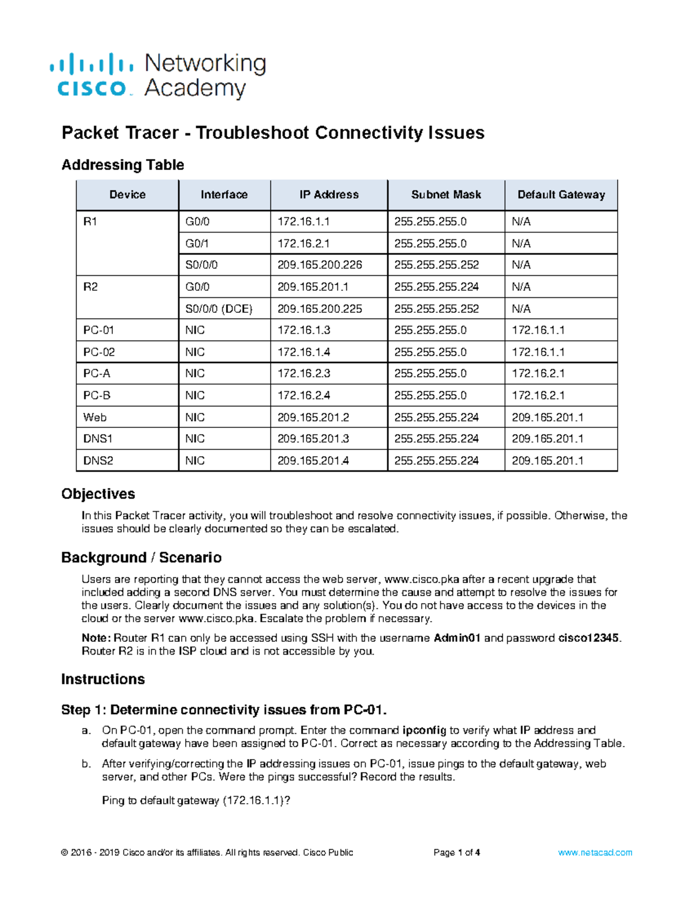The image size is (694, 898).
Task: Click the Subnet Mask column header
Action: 446,195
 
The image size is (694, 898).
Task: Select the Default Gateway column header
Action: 561,195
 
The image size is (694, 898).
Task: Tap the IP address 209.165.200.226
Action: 320,265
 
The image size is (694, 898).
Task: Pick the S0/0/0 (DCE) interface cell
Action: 219,309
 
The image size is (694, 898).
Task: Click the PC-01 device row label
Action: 98,330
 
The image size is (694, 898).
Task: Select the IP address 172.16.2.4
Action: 304,396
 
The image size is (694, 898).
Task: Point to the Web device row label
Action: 95,417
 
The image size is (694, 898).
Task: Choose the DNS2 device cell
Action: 98,461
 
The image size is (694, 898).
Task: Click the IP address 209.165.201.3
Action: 313,439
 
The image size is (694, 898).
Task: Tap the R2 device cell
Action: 91,287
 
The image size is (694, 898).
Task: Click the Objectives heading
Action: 98,494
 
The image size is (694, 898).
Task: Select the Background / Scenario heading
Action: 141,557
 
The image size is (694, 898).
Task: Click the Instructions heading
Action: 103,679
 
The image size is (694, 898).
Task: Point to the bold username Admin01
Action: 457,638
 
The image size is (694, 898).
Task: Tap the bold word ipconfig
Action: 424,730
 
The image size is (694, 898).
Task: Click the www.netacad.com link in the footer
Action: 595,852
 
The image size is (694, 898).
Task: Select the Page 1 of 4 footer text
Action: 456,852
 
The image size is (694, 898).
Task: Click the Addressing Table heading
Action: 123,165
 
